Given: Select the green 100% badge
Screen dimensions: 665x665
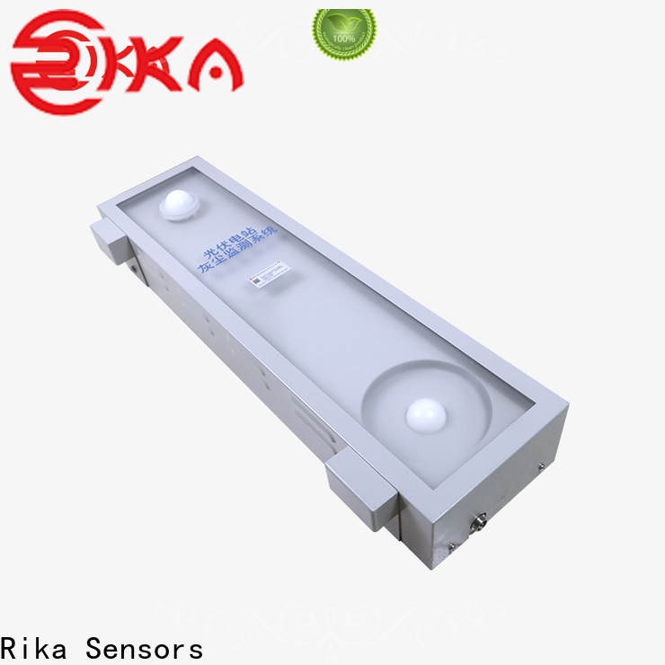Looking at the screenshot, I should pyautogui.click(x=343, y=35).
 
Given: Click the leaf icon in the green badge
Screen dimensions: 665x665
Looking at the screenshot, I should pyautogui.click(x=343, y=24).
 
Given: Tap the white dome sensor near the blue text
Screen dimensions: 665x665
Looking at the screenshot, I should pyautogui.click(x=184, y=203).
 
